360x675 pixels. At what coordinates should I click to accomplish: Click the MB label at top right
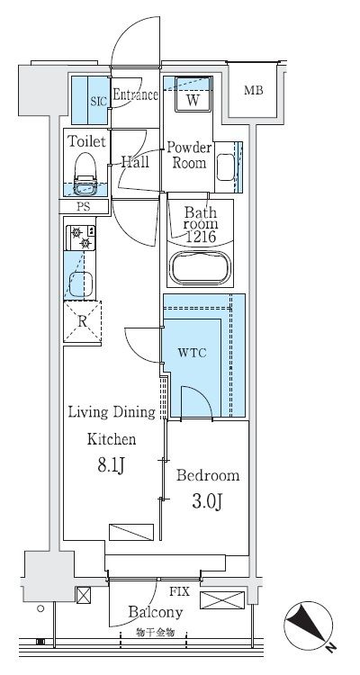254,89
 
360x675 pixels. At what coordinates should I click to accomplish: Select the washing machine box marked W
193,100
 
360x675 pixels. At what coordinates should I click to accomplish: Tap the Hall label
135,162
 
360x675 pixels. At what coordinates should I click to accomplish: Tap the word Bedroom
207,475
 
